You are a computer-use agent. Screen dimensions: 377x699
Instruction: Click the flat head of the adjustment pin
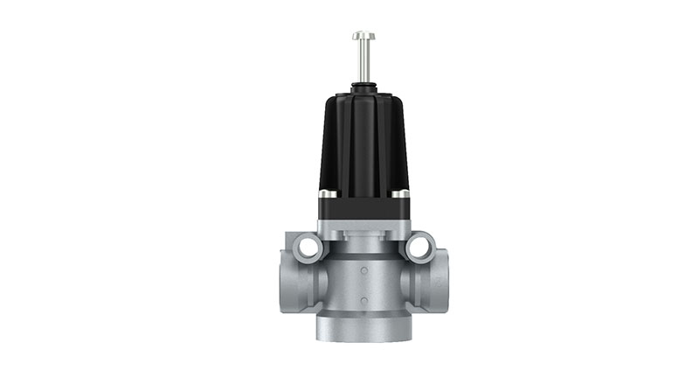(x=363, y=36)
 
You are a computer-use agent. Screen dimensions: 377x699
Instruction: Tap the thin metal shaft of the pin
(x=363, y=61)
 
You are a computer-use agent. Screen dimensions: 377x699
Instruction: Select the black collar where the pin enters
(x=363, y=87)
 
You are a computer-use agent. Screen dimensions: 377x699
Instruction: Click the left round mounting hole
(x=308, y=248)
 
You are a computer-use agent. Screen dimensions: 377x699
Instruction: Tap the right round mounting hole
(x=419, y=248)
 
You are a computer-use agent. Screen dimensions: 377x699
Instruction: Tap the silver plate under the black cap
(x=363, y=228)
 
